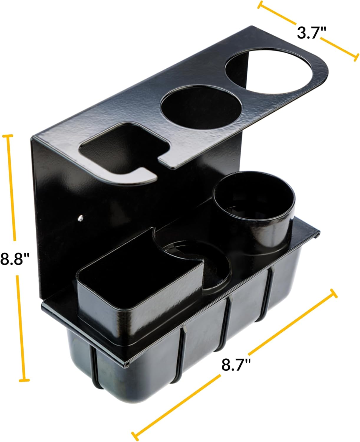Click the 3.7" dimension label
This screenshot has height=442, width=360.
pos(308,32)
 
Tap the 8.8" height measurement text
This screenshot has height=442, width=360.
pos(15,259)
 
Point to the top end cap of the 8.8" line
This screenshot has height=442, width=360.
pos(8,136)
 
